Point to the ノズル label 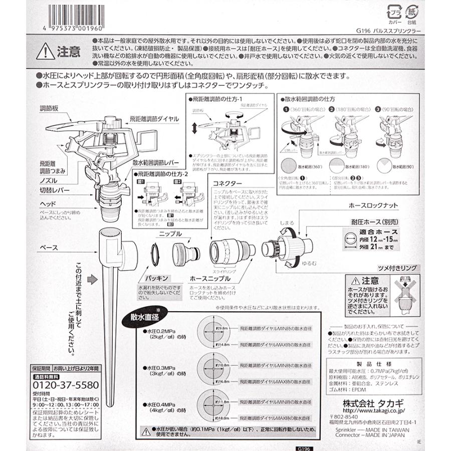point(49,180)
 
